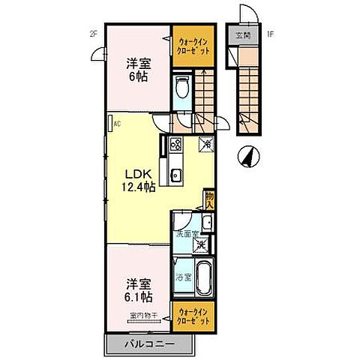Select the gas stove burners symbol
(x=175, y=145)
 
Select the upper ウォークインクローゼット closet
(x=193, y=43)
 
